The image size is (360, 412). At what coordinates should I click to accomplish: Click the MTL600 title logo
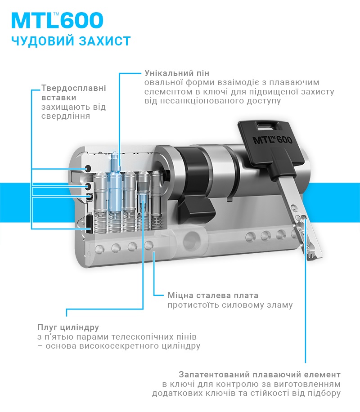coord(57,20)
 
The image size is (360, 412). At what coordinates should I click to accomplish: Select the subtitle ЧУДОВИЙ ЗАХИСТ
coord(71,41)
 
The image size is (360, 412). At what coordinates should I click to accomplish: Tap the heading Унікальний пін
coord(177,73)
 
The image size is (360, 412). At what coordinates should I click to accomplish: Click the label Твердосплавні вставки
coord(74,93)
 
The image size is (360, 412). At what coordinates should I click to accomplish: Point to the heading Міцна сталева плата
coord(213,296)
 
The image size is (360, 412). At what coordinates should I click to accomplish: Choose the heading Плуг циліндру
coord(68,327)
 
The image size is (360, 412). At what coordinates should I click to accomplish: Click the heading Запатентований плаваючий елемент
coord(260,374)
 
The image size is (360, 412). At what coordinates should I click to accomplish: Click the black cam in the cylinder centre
coord(196,190)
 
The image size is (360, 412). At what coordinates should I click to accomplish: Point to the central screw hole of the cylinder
coord(191,239)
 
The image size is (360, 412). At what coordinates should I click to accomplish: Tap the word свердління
coord(66,116)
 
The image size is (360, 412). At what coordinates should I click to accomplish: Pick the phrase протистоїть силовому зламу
coord(230,305)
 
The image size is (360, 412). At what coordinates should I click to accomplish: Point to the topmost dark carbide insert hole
coord(88,168)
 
